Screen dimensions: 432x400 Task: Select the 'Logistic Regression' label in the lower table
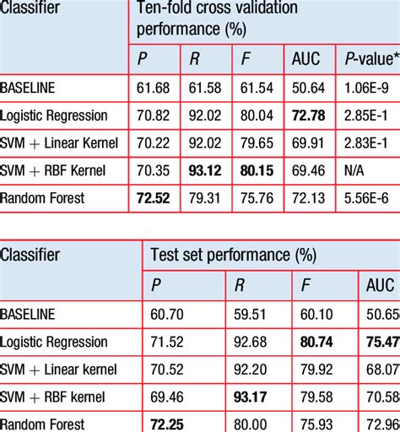tap(55, 342)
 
